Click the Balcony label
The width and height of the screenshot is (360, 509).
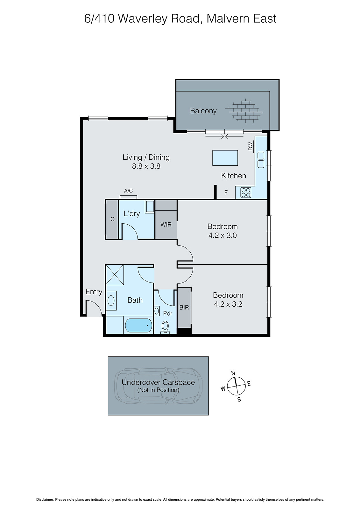[203, 111]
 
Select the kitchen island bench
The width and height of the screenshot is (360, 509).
[225, 158]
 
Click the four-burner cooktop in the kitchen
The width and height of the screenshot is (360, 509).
[246, 192]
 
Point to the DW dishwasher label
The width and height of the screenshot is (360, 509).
[250, 146]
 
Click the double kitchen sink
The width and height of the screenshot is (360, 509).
[261, 160]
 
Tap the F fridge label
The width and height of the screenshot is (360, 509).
[226, 192]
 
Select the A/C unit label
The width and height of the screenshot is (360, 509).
[128, 191]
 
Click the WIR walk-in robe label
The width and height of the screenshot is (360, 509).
[166, 225]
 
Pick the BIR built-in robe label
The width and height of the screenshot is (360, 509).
[184, 307]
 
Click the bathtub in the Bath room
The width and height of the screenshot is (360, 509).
[138, 325]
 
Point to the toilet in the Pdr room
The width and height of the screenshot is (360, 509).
[165, 327]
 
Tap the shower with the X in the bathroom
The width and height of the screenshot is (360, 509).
[115, 275]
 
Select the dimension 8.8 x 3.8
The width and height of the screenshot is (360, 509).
[146, 166]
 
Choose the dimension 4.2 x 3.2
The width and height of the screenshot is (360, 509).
[228, 304]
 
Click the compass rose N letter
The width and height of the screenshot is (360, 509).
[233, 373]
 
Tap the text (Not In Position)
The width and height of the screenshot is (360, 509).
[158, 390]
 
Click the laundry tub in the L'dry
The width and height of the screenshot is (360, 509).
[150, 207]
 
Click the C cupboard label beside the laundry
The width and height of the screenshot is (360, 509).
[112, 219]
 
